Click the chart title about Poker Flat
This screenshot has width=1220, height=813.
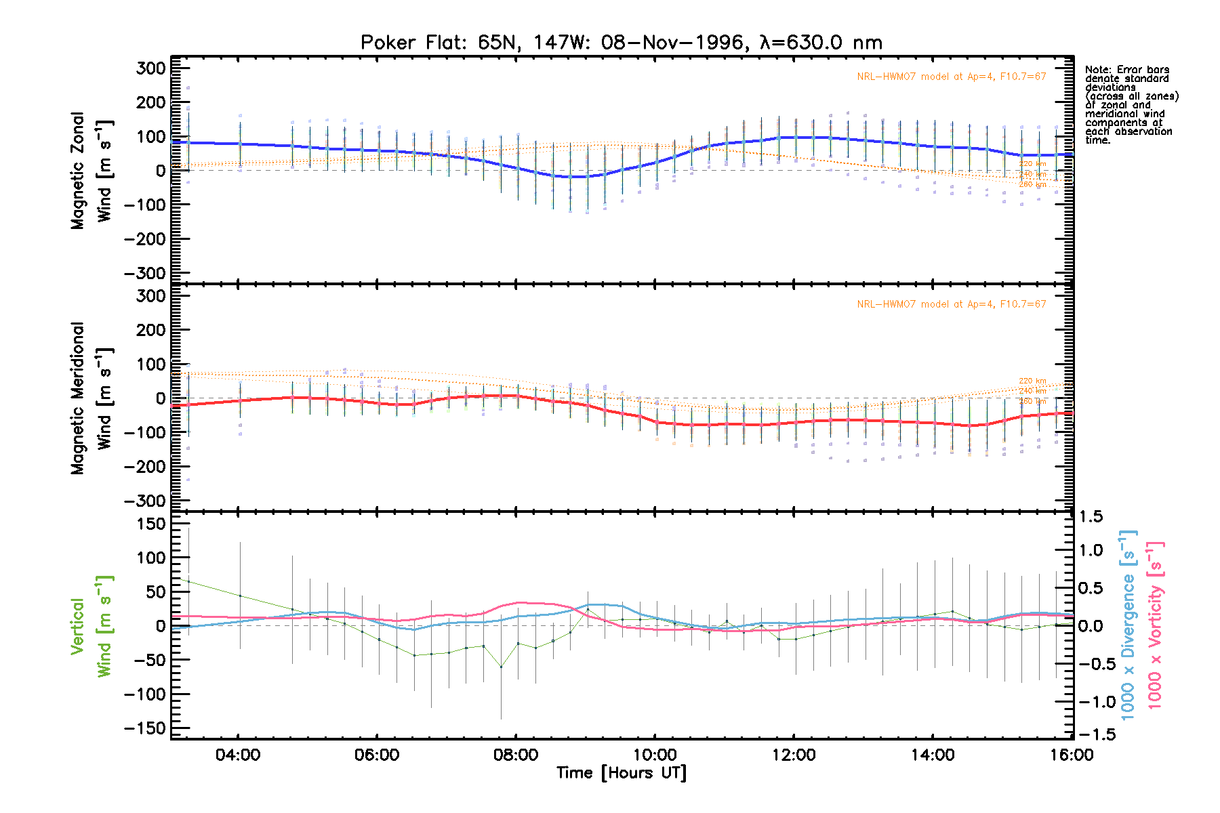tap(621, 43)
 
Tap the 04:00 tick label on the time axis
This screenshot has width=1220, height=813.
tap(238, 755)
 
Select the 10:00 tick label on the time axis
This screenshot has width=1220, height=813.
tap(655, 755)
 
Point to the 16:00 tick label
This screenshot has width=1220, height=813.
tap(1072, 755)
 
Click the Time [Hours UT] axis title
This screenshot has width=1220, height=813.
tap(621, 773)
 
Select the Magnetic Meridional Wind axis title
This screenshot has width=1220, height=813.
tap(91, 398)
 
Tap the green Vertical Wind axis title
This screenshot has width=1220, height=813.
tap(91, 626)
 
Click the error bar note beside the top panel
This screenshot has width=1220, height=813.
tap(1131, 105)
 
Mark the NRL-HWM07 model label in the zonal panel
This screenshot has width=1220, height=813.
tap(951, 77)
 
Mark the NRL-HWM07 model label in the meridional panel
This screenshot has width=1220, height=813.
tap(951, 304)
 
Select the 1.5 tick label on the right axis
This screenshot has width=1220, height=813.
tap(1091, 517)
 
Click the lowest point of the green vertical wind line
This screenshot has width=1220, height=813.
tap(501, 667)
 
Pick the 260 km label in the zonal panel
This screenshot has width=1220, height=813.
tap(1032, 184)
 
